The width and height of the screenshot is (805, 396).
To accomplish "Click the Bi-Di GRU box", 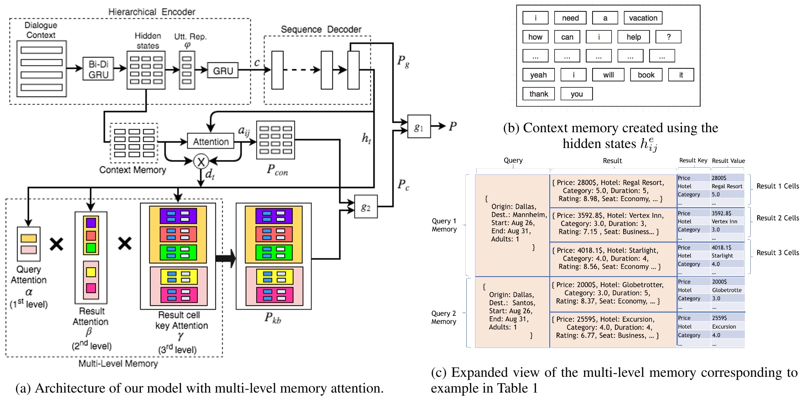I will tap(98, 69).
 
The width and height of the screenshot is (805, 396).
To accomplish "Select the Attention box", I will tap(210, 141).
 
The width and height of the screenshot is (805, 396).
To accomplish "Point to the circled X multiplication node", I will tap(201, 161).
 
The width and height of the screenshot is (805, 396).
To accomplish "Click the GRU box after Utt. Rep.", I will tap(222, 70).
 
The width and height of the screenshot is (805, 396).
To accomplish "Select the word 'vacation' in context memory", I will tap(643, 18).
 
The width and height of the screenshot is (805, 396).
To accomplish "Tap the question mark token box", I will tap(668, 37).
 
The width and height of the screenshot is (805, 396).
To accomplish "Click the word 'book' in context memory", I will tap(646, 75).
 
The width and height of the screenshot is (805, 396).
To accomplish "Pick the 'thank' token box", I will tap(538, 94).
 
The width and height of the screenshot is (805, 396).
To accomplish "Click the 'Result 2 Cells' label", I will tap(777, 218).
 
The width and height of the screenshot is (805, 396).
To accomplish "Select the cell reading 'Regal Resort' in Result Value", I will tap(727, 186).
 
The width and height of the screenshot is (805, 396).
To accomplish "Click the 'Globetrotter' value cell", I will tap(727, 290).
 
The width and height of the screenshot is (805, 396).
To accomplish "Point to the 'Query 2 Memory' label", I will tap(444, 317).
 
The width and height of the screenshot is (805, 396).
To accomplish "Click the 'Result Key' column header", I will tap(693, 160).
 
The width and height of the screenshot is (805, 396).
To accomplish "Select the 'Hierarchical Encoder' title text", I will tap(151, 12).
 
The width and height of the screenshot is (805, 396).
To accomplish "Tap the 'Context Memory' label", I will tap(132, 170).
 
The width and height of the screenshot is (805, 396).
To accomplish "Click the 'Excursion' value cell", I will tap(724, 326).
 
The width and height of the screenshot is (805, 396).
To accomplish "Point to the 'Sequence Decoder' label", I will tap(320, 29).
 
